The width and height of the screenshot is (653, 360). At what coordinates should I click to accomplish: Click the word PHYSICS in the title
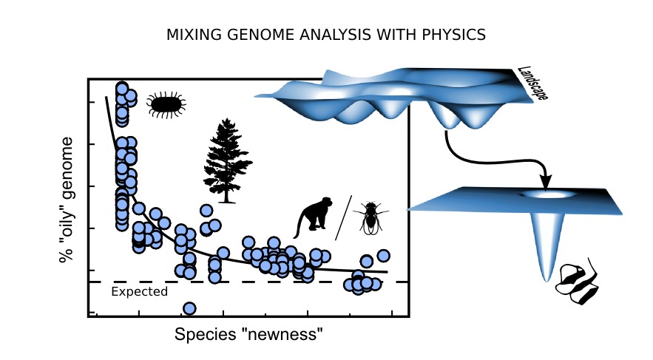pos(453,35)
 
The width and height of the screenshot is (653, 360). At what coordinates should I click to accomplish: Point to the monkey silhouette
pos(313,217)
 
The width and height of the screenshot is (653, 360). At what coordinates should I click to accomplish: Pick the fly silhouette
pos(371,217)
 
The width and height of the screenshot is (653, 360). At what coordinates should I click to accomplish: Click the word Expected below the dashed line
pos(140,291)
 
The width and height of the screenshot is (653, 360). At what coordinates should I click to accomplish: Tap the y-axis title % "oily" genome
pos(67,200)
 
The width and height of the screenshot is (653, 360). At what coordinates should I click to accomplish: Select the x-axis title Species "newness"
pos(248,334)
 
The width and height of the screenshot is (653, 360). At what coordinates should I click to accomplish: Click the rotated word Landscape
pos(532,84)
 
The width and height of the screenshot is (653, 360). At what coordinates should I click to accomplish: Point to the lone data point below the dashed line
pos(189,308)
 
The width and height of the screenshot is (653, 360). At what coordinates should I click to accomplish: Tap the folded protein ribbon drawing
pos(578,282)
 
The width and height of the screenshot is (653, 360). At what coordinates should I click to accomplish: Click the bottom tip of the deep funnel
pos(546,280)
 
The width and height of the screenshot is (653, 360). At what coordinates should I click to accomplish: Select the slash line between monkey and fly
pos(344,217)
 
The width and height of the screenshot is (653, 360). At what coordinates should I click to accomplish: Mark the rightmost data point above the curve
pos(384,256)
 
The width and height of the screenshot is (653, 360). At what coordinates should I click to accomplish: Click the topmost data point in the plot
pos(121,89)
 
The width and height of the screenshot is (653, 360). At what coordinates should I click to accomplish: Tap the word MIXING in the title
pos(194,35)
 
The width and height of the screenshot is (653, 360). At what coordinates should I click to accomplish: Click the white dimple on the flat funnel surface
pos(549,194)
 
